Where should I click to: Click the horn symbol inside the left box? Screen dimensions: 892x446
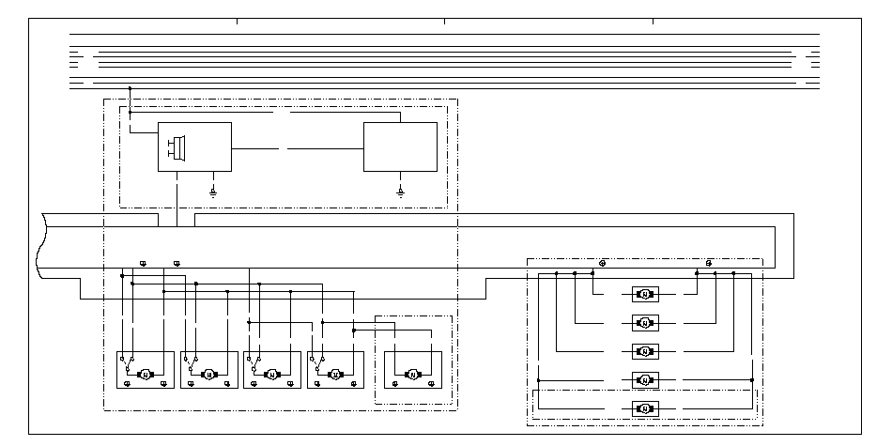pos(177,146)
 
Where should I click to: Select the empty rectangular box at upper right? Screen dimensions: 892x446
pos(400,146)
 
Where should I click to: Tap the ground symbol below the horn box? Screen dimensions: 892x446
pos(213,191)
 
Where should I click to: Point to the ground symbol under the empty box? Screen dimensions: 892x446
pos(400,191)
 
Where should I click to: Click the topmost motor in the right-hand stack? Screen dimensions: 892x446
pos(644,294)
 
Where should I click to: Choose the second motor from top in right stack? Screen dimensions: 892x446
pos(644,322)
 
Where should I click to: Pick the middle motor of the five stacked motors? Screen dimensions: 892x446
pos(644,351)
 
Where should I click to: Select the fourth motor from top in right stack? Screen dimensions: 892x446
pos(644,379)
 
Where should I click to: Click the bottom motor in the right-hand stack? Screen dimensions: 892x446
pos(644,408)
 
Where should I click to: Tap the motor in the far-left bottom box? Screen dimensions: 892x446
pos(145,375)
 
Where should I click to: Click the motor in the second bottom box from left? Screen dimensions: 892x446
pos(208,375)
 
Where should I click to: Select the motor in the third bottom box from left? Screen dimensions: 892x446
pos(271,375)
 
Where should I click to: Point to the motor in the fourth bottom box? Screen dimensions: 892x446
pos(335,375)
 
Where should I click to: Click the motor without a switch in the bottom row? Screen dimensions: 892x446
pos(412,375)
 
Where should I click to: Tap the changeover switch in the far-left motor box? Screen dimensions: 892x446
pos(128,359)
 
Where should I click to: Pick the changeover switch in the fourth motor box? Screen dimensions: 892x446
pos(319,359)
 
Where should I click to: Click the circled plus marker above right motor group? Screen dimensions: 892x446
pos(602,263)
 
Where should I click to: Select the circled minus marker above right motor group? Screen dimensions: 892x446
pos(708,263)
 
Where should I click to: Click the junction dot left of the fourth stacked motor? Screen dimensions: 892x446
pos(538,379)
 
